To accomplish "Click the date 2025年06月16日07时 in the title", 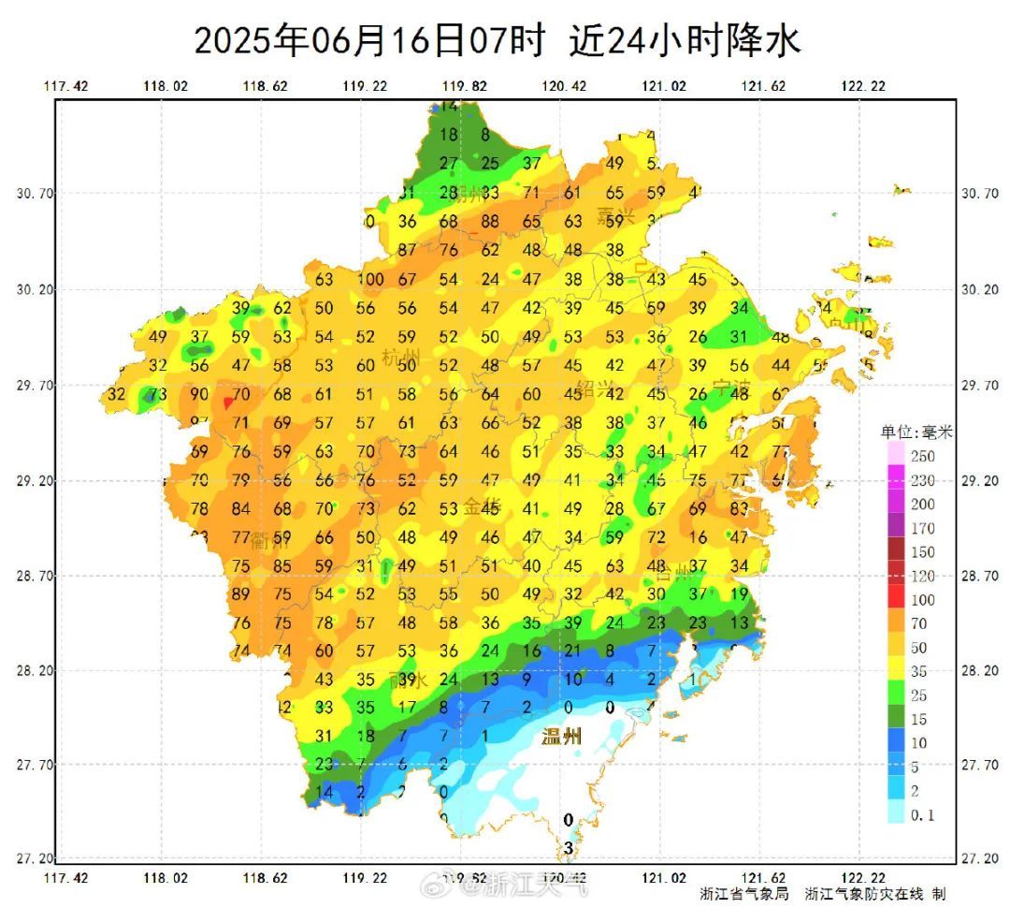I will tap(368, 41).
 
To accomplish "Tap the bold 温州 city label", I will tap(562, 737).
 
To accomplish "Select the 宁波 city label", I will tap(732, 388).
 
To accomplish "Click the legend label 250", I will tap(922, 456).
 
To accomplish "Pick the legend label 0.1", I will tap(922, 815).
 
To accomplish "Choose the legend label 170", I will tap(922, 528).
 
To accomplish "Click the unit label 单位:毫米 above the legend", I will tap(916, 432).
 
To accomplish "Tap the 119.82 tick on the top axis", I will tap(465, 86).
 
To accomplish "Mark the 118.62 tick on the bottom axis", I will tap(266, 878).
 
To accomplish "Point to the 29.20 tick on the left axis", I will tap(35, 481).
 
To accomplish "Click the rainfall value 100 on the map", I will tap(370, 279).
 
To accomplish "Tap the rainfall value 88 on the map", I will tap(490, 222).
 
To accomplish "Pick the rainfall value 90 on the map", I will tap(199, 394).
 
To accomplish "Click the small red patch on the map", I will tap(227, 403).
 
